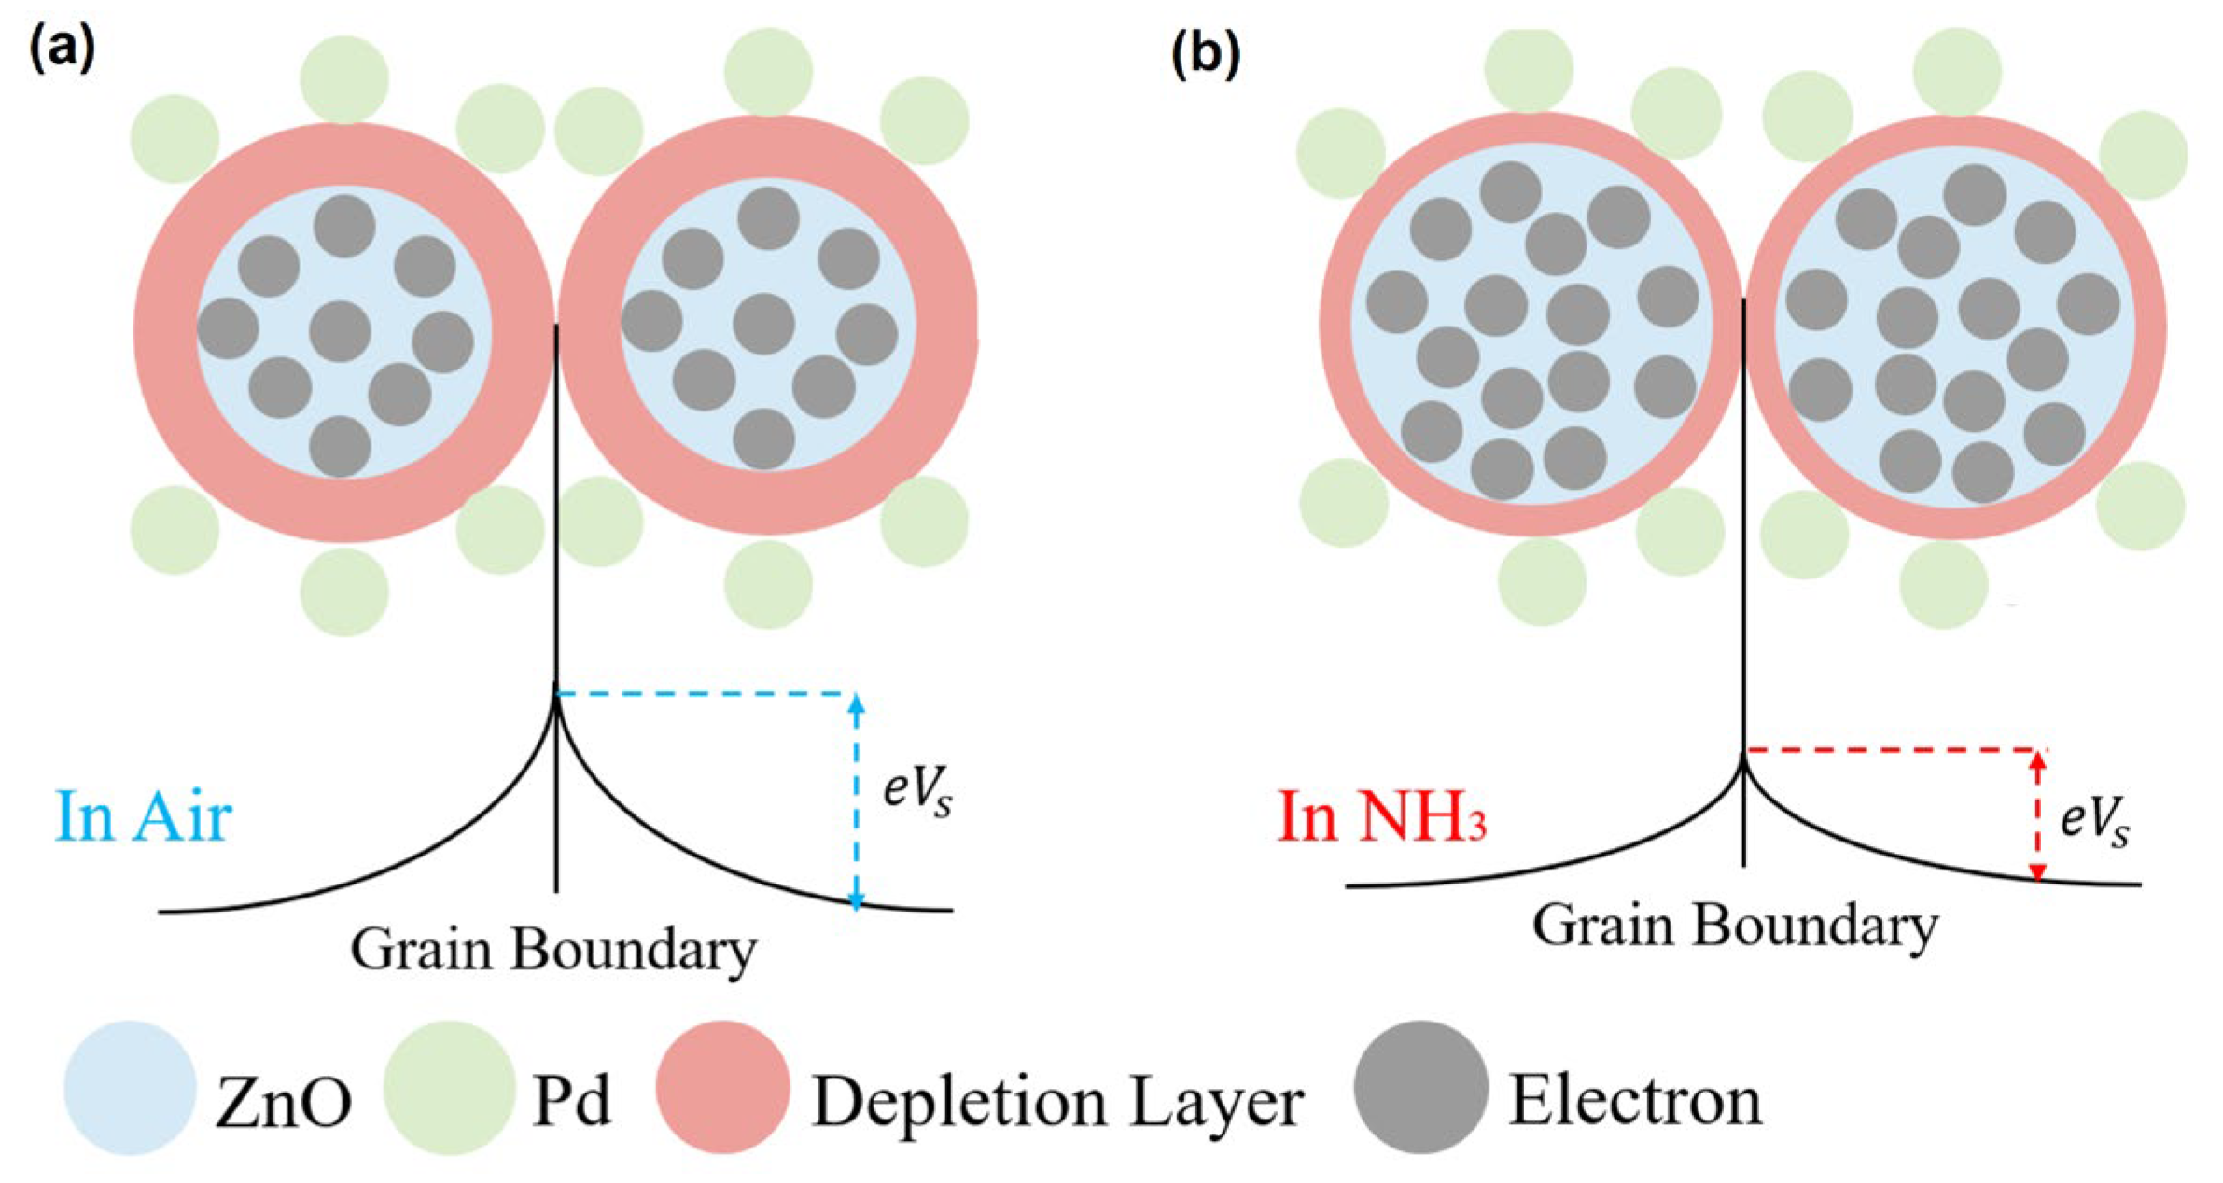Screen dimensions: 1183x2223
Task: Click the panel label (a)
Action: tap(62, 49)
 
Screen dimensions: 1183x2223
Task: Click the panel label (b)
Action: tap(1205, 55)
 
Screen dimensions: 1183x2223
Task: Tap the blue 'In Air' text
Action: tap(143, 816)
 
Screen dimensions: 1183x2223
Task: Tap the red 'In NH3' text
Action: tap(1381, 816)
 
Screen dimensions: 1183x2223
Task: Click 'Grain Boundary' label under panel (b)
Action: tap(1735, 926)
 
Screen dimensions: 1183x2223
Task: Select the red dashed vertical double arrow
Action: tap(2038, 815)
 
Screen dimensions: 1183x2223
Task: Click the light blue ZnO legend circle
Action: tap(130, 1088)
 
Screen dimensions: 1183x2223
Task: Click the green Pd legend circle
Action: tap(449, 1088)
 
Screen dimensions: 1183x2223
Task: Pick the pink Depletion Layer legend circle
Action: tap(722, 1088)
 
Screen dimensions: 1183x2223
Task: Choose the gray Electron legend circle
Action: tap(1419, 1088)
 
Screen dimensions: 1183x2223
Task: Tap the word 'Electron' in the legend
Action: tap(1635, 1101)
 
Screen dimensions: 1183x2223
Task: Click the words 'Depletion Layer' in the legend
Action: tap(1056, 1104)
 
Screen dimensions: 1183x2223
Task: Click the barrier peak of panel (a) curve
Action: tap(556, 695)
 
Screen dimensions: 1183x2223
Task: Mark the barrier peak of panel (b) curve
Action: tap(1742, 758)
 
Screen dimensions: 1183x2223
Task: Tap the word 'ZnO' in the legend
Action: tap(284, 1103)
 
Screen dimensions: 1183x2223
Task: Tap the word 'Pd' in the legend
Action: tap(571, 1101)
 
